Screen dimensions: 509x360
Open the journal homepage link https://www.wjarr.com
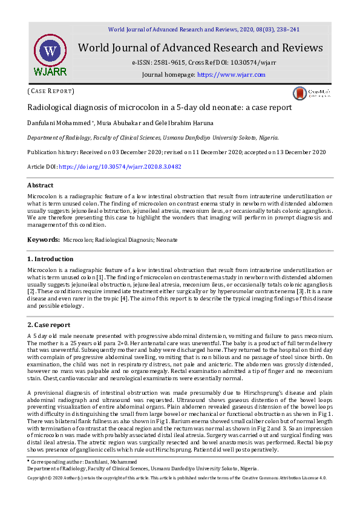231,74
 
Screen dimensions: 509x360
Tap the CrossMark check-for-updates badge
311,92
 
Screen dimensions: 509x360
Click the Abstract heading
41,186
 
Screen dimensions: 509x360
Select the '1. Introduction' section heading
50,259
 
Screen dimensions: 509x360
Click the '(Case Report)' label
51,91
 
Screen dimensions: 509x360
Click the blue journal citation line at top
203,29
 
